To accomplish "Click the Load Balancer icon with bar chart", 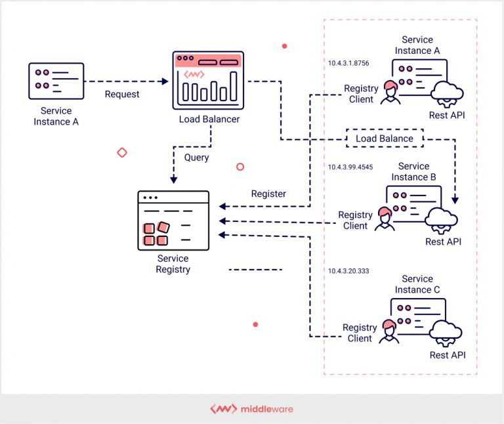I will click(207, 80).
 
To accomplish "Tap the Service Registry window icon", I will click(173, 221).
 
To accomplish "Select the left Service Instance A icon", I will click(56, 81).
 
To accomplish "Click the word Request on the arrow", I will click(122, 95).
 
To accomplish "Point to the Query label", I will click(196, 158).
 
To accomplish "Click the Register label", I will click(268, 194).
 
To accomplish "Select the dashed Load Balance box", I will click(385, 138).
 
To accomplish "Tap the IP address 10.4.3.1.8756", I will click(348, 64).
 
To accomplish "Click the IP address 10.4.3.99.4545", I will click(350, 167).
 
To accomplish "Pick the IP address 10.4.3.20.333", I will click(348, 271).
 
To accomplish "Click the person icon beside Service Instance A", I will click(390, 93).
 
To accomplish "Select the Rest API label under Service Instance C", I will click(448, 355).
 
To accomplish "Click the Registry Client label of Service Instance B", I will click(355, 221).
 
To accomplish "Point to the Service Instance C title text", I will click(417, 284).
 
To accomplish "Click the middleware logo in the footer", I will click(251, 409).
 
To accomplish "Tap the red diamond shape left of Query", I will click(121, 152).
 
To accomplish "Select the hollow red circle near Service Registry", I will click(240, 167).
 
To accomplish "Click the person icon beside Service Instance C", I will click(388, 331).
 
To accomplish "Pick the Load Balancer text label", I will click(209, 119).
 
